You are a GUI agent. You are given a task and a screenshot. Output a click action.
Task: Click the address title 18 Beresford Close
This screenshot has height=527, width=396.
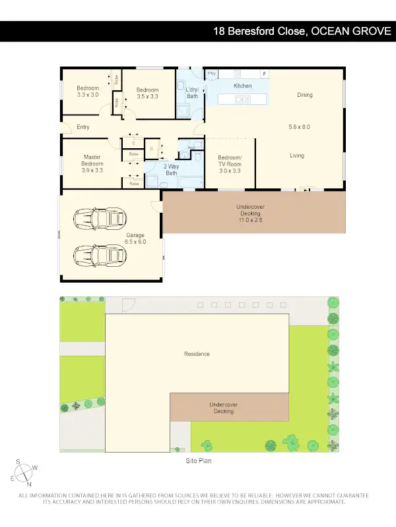pyautogui.click(x=302, y=31)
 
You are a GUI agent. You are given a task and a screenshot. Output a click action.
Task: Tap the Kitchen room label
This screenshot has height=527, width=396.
pyautogui.click(x=243, y=86)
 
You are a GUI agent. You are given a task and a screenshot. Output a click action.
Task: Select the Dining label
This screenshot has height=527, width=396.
pyautogui.click(x=304, y=95)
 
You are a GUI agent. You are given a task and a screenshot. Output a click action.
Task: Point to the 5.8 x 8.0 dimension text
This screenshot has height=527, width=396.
pyautogui.click(x=299, y=126)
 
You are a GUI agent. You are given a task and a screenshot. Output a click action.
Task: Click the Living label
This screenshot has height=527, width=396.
pyautogui.click(x=297, y=155)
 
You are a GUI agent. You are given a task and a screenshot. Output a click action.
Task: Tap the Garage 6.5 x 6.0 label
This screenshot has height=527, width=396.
pyautogui.click(x=135, y=238)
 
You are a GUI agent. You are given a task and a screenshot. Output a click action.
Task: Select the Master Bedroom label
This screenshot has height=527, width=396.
pyautogui.click(x=92, y=163)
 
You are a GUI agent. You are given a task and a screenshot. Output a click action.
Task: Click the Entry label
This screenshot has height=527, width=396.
pyautogui.click(x=83, y=127)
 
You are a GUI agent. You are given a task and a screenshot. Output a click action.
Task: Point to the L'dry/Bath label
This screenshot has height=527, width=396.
pyautogui.click(x=192, y=93)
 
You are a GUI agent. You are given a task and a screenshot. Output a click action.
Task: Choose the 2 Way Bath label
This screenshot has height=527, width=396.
pyautogui.click(x=172, y=170)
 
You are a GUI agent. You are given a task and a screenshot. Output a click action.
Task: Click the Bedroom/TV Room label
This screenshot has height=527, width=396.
pyautogui.click(x=230, y=164)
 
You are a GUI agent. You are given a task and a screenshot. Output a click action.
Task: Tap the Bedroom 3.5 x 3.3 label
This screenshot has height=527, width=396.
pyautogui.click(x=147, y=94)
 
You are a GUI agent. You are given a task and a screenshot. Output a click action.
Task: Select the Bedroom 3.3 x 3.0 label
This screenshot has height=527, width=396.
pyautogui.click(x=87, y=92)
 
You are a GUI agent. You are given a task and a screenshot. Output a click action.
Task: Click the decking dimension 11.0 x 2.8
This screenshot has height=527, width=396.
pyautogui.click(x=250, y=220)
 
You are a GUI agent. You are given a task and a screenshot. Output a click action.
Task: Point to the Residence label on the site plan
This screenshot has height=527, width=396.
pyautogui.click(x=197, y=354)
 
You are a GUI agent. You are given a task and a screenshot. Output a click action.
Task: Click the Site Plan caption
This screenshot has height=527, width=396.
pyautogui.click(x=198, y=461)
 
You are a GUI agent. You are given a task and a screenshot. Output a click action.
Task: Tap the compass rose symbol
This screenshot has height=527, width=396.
pyautogui.click(x=24, y=472)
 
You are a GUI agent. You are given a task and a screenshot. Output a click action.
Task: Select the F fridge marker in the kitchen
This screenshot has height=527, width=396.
pyautogui.click(x=265, y=74)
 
